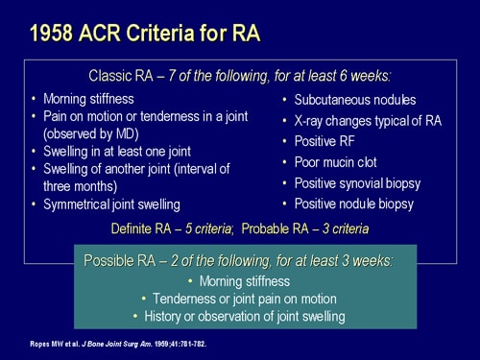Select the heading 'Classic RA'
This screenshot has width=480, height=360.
click(x=124, y=75)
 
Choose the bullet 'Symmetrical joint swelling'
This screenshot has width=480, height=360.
click(x=111, y=204)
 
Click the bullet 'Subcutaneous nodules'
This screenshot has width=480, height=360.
click(x=356, y=100)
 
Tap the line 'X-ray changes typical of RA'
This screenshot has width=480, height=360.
click(x=368, y=121)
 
